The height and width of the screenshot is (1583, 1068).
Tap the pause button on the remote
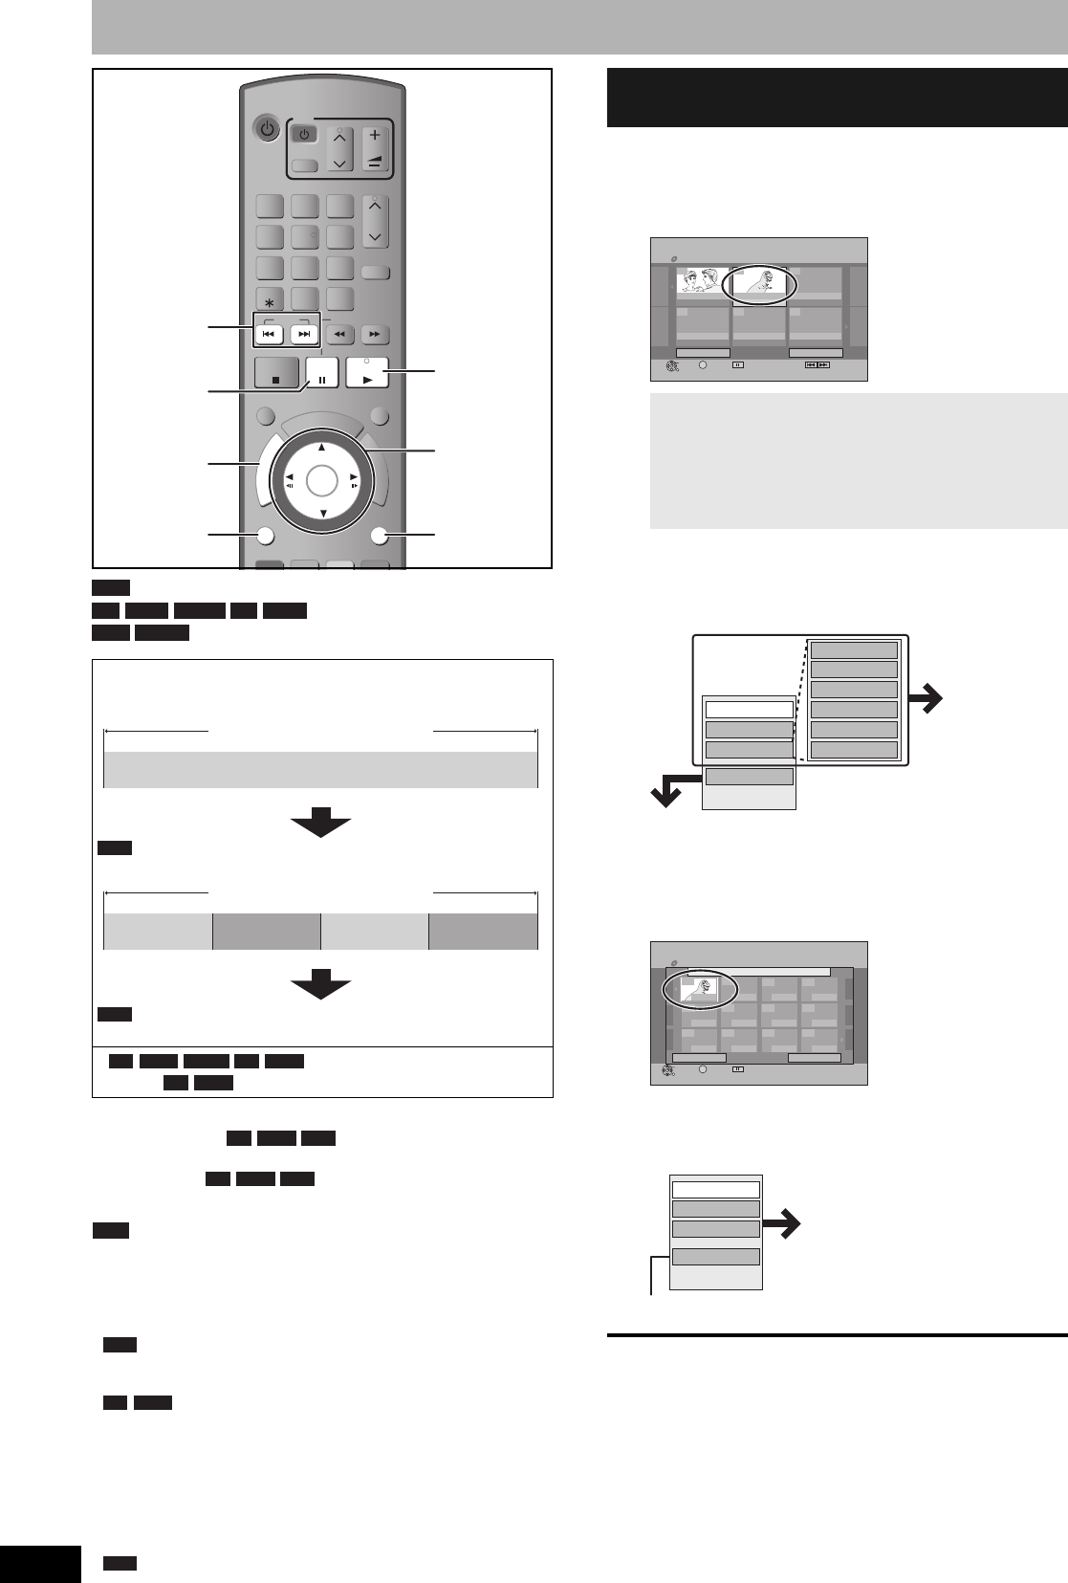click(322, 373)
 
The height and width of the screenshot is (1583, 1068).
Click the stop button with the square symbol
click(276, 373)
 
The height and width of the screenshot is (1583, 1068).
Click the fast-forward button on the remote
click(375, 335)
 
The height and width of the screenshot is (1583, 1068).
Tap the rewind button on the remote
click(340, 335)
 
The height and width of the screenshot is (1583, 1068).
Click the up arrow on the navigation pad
click(322, 448)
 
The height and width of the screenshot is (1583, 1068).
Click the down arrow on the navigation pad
click(322, 514)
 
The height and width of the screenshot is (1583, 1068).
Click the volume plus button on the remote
click(375, 136)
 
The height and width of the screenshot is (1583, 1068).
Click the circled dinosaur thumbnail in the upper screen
click(759, 282)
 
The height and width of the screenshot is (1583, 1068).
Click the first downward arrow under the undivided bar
click(320, 822)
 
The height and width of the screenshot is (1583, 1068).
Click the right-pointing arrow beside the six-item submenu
click(926, 700)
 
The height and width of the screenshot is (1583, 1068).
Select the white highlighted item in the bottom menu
click(715, 1189)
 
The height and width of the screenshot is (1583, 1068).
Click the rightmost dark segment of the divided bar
click(483, 931)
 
